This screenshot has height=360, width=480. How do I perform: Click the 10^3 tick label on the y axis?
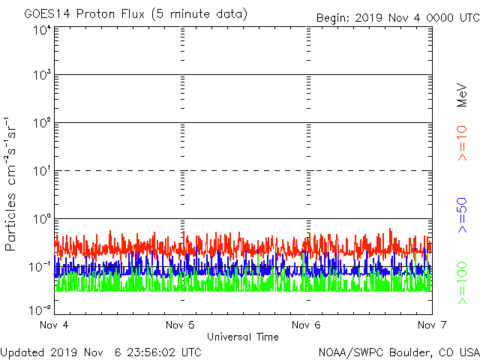pos(42,76)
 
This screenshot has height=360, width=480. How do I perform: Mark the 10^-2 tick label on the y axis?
pos(40,309)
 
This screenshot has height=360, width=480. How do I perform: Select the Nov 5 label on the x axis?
pos(180,325)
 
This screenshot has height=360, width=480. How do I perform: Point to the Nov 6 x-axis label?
pos(306,325)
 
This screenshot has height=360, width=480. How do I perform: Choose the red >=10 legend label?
pos(462,143)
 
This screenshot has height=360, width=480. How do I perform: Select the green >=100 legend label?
pos(462,283)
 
